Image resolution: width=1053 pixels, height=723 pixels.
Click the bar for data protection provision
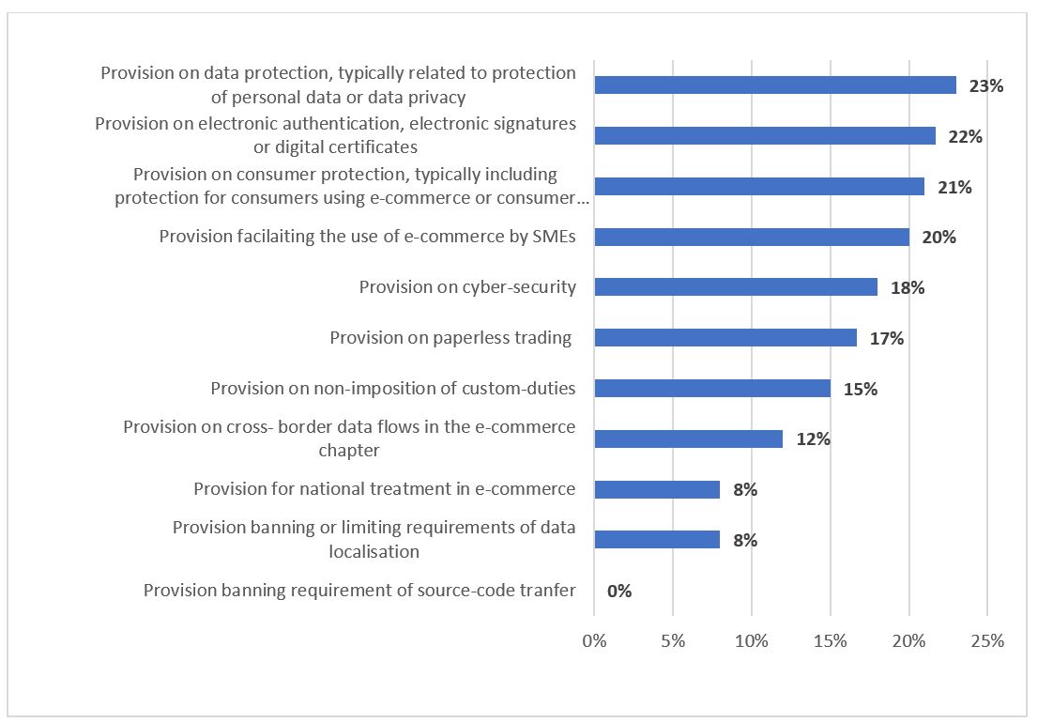pyautogui.click(x=775, y=85)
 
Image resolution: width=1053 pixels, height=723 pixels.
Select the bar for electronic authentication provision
pyautogui.click(x=765, y=136)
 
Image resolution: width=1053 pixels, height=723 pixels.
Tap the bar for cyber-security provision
pyautogui.click(x=736, y=287)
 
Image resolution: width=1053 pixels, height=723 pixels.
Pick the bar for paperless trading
pyautogui.click(x=725, y=338)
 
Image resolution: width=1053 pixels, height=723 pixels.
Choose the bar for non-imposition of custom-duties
pyautogui.click(x=712, y=389)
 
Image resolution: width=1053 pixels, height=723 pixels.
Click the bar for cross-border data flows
pyautogui.click(x=688, y=438)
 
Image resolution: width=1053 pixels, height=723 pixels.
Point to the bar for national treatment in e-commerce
pyautogui.click(x=657, y=489)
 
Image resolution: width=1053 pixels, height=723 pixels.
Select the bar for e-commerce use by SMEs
pyautogui.click(x=752, y=237)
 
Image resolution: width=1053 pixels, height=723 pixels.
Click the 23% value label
pyautogui.click(x=986, y=86)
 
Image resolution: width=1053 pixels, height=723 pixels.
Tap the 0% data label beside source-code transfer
pyautogui.click(x=619, y=592)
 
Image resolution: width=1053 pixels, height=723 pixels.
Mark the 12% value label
pyautogui.click(x=813, y=439)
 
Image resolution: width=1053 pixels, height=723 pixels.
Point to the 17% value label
pyautogui.click(x=886, y=339)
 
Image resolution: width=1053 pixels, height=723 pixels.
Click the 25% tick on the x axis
pyautogui.click(x=987, y=641)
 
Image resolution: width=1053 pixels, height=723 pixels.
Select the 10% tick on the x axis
pyautogui.click(x=752, y=641)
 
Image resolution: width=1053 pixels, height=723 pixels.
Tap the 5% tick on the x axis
pyautogui.click(x=673, y=641)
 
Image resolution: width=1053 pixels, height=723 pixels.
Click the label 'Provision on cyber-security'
pyautogui.click(x=467, y=287)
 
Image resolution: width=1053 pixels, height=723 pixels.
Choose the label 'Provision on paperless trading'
pyautogui.click(x=450, y=338)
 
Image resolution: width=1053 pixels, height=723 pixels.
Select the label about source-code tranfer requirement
pyautogui.click(x=359, y=591)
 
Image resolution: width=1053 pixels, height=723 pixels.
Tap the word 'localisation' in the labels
pyautogui.click(x=374, y=551)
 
